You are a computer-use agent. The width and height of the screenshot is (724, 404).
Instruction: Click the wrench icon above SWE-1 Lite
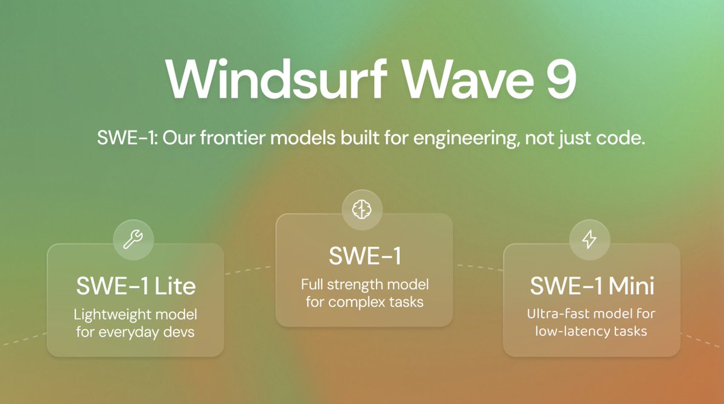pos(133,239)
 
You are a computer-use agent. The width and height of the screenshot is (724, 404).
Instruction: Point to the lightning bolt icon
pos(589,239)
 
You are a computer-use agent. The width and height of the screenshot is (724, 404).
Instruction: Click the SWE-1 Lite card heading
pos(136,286)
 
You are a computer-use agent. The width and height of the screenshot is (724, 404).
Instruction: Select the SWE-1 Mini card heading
pos(592,286)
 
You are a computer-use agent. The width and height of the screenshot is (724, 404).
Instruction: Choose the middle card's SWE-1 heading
pos(364,256)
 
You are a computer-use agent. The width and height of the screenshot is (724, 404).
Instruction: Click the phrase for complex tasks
pos(364,301)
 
